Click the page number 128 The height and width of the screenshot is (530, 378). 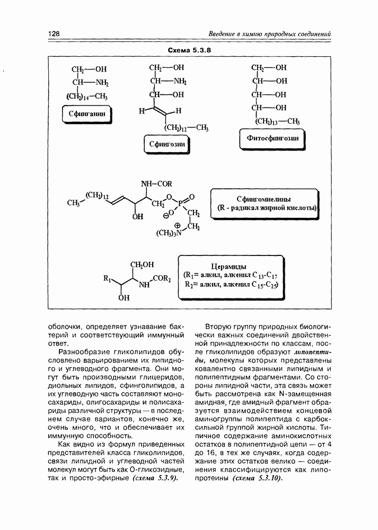pos(53,34)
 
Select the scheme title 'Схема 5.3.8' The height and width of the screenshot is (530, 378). pos(189,50)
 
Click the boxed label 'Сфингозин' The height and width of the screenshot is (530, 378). pos(167,143)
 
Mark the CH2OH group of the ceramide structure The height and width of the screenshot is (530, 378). pos(140,264)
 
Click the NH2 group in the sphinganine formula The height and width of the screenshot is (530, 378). pos(101,82)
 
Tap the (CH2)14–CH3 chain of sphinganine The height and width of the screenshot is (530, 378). pos(87,96)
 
